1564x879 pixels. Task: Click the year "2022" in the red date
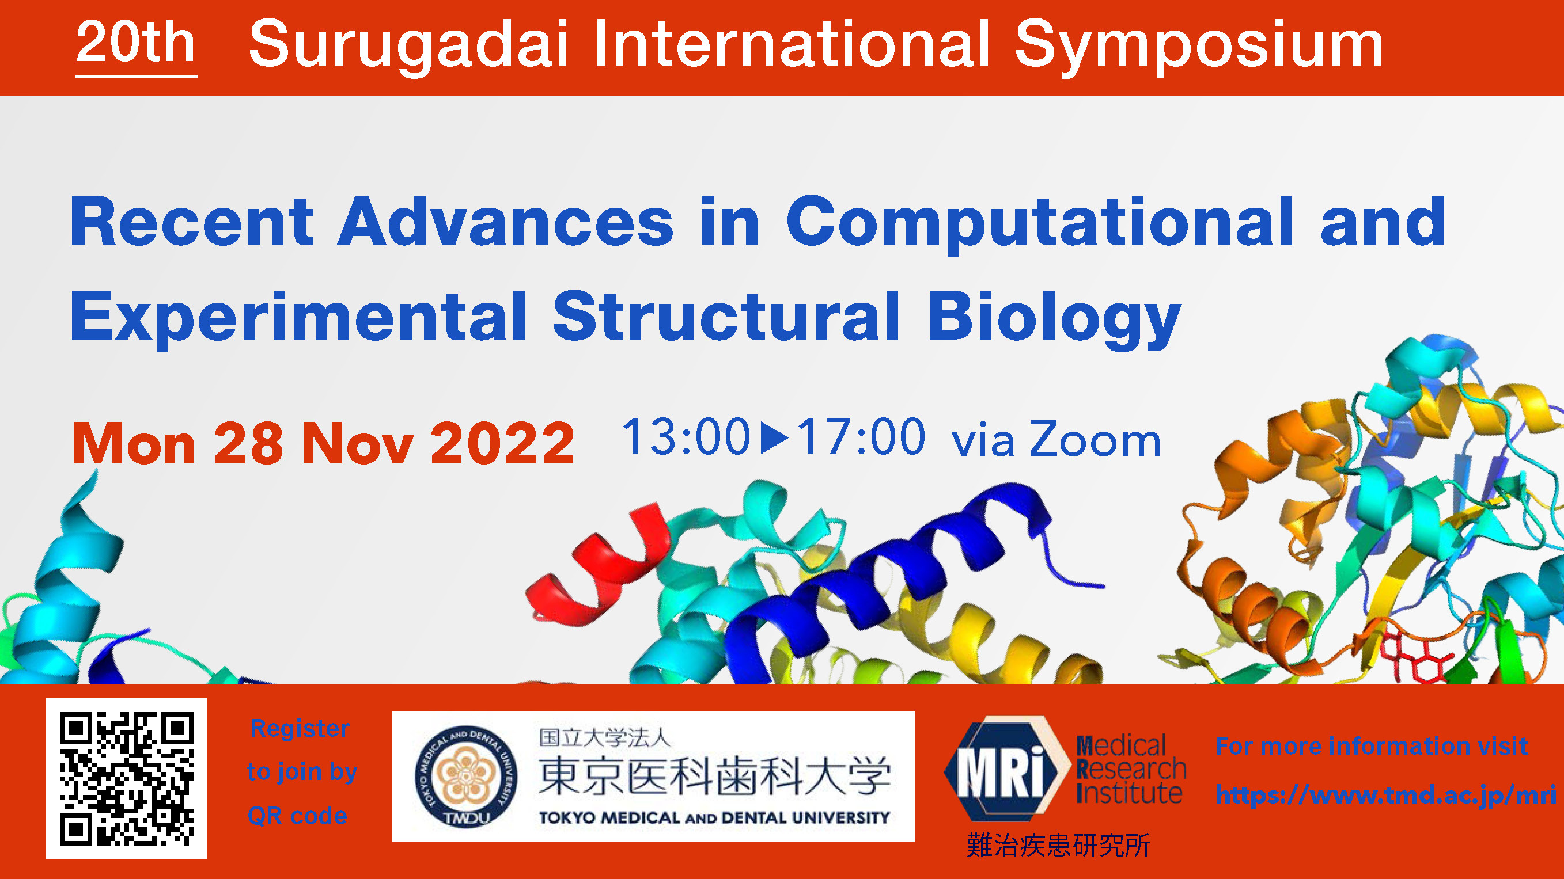503,443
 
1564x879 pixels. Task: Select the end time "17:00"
861,436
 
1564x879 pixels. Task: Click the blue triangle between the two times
773,437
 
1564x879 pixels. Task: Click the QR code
127,779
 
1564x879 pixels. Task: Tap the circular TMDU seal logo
466,777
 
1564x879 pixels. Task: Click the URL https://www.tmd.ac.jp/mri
1386,795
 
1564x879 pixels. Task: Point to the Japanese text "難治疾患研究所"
1058,845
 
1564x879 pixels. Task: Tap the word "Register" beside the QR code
300,728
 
